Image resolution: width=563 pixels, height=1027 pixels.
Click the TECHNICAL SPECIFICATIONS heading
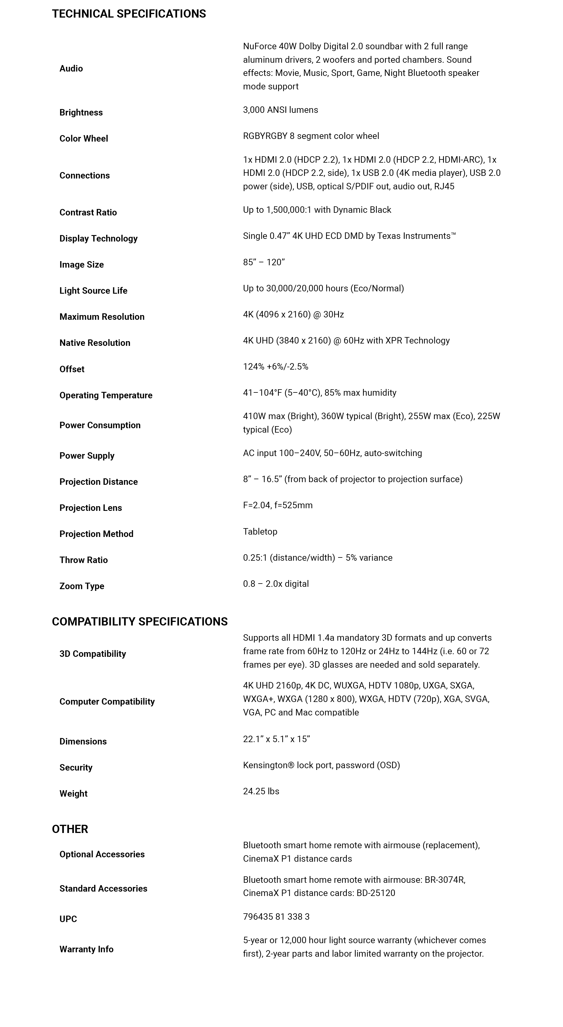(129, 14)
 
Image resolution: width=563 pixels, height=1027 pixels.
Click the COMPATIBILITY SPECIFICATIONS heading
(140, 622)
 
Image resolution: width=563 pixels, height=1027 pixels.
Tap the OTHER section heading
(70, 829)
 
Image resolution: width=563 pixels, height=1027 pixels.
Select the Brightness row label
(81, 113)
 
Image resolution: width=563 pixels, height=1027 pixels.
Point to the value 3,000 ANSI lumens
(280, 110)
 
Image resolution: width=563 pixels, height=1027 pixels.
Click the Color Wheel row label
(84, 138)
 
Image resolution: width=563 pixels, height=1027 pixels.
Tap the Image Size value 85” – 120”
(264, 262)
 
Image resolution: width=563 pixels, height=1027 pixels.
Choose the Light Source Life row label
(93, 291)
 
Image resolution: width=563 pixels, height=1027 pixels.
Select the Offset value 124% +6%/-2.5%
(276, 367)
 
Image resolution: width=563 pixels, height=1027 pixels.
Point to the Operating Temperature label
(106, 395)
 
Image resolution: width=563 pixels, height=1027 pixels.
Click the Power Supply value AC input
(333, 453)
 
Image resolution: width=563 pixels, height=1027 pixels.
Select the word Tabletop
(260, 531)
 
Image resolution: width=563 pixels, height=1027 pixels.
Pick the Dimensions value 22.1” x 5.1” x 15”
(276, 739)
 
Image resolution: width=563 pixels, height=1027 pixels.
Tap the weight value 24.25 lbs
(261, 791)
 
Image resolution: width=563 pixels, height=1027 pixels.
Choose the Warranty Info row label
(87, 949)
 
